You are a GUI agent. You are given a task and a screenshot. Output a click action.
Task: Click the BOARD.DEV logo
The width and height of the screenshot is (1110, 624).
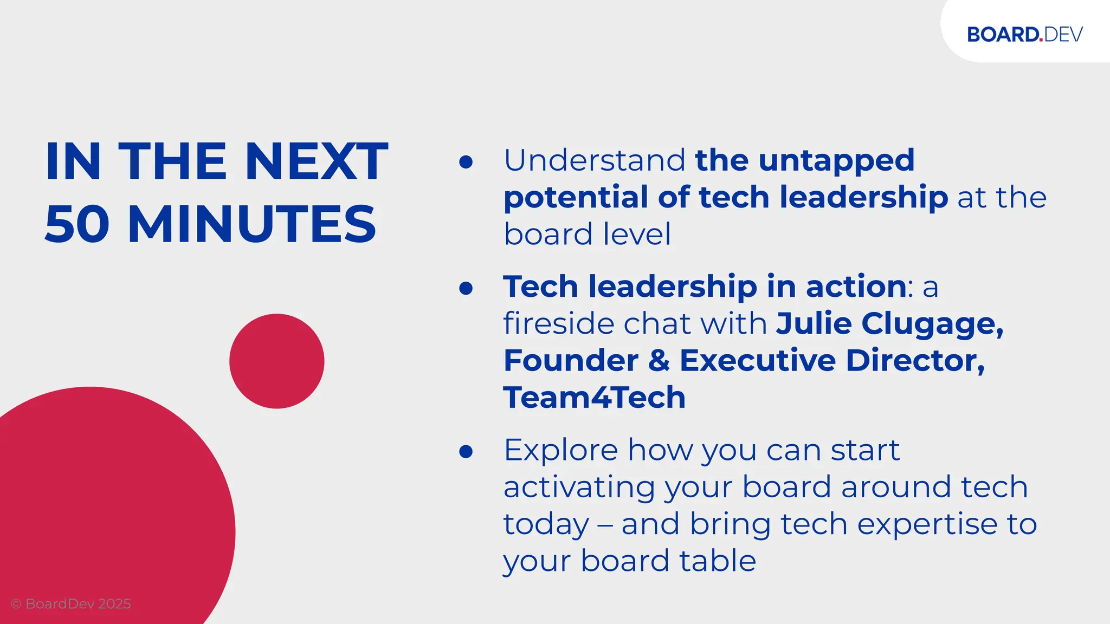(x=1024, y=34)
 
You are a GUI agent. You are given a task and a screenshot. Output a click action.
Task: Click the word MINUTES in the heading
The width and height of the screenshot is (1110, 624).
(x=252, y=224)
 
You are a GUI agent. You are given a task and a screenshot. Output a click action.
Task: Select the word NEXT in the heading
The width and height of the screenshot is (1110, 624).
(x=317, y=161)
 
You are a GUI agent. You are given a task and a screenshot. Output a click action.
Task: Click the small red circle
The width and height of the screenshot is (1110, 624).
(x=276, y=361)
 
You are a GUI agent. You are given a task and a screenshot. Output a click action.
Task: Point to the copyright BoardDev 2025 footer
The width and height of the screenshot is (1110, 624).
(x=71, y=603)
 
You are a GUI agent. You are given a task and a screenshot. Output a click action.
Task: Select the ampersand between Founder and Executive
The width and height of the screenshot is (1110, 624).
(x=659, y=360)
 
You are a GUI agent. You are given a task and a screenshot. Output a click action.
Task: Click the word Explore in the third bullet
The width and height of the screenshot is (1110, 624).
(x=560, y=451)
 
